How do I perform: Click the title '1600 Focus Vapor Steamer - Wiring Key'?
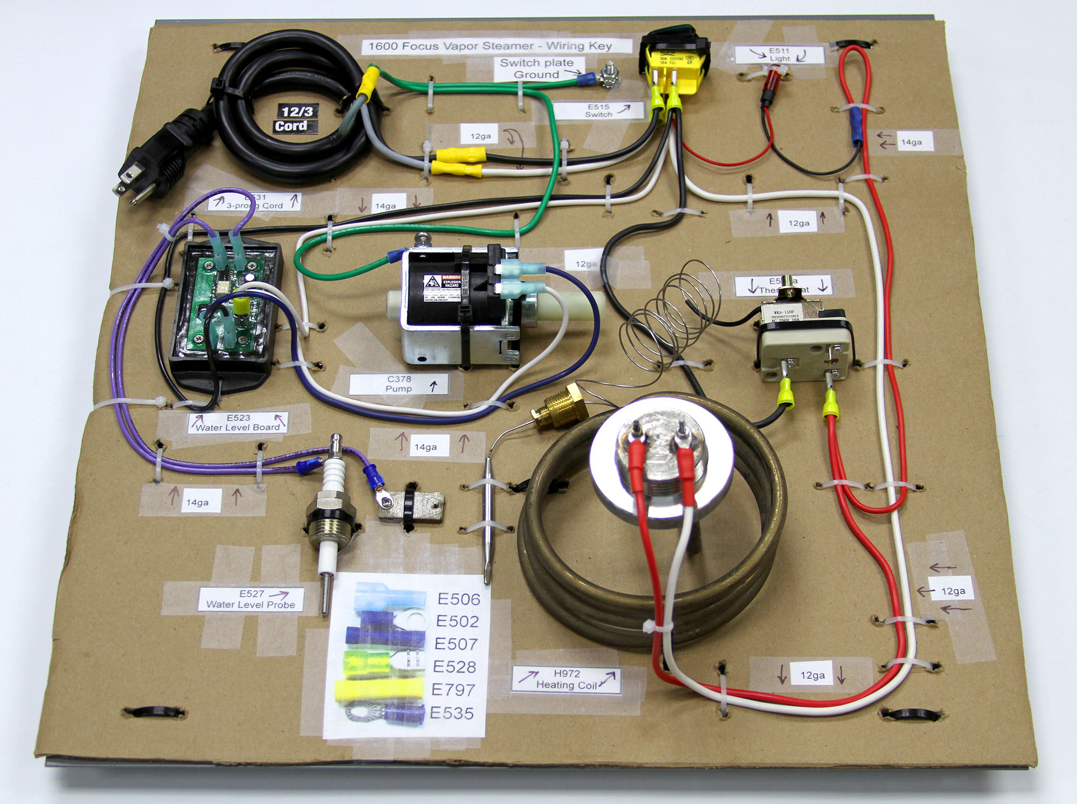[490, 46]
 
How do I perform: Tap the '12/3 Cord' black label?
[294, 119]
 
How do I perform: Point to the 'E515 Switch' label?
[599, 110]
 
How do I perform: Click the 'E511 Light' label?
[779, 54]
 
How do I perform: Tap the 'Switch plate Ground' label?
[536, 69]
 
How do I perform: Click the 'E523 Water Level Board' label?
[237, 422]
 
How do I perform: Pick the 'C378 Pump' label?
[398, 384]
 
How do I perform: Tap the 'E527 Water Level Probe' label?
[251, 599]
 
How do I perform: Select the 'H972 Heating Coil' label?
[567, 680]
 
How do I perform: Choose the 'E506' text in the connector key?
[458, 599]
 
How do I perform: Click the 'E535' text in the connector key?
[452, 713]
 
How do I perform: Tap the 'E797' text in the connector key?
[453, 690]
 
